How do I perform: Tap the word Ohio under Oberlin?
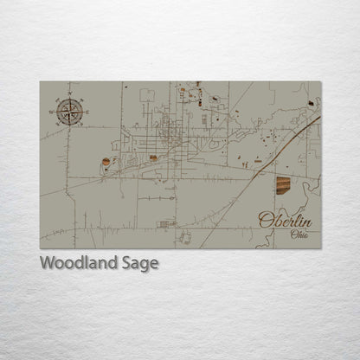[299, 234]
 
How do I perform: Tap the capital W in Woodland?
[48, 263]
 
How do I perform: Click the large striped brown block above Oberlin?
[284, 184]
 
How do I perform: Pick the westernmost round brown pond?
[106, 162]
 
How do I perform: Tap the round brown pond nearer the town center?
[153, 157]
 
